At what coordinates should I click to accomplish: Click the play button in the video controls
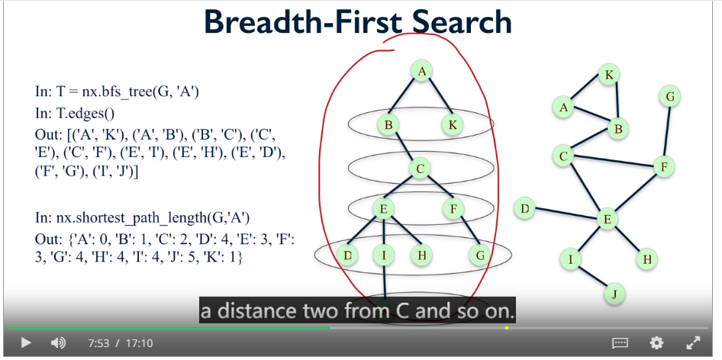(26, 343)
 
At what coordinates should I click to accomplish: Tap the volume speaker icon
(58, 343)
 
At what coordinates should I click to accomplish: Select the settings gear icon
(656, 343)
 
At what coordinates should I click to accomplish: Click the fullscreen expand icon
(693, 343)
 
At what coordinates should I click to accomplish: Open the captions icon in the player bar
(620, 343)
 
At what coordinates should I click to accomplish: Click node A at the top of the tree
(421, 72)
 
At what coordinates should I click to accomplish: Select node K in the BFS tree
(452, 124)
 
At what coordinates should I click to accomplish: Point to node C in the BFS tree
(420, 169)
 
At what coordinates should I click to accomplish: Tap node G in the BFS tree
(480, 255)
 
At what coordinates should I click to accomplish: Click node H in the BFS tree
(421, 255)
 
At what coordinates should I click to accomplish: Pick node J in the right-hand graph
(615, 293)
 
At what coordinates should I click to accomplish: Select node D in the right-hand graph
(524, 209)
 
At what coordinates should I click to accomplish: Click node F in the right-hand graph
(663, 166)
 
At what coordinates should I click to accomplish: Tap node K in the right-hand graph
(609, 75)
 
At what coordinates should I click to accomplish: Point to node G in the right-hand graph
(669, 97)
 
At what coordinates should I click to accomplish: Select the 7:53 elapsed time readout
(98, 343)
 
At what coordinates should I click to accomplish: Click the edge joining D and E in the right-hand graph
(566, 214)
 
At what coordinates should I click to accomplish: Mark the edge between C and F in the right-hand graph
(614, 161)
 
